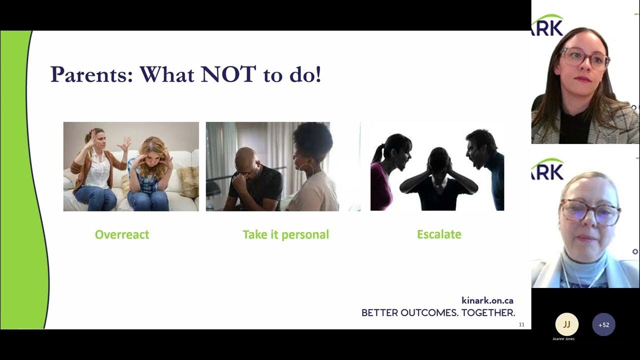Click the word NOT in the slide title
[228, 74]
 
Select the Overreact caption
[122, 234]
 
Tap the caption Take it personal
[285, 234]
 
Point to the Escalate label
[439, 234]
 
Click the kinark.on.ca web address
[487, 300]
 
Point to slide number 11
[521, 325]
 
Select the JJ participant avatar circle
[566, 324]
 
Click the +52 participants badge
[603, 324]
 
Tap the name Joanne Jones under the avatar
[563, 339]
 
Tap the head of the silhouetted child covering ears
[438, 159]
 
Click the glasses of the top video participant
[584, 58]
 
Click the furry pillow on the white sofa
[188, 181]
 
